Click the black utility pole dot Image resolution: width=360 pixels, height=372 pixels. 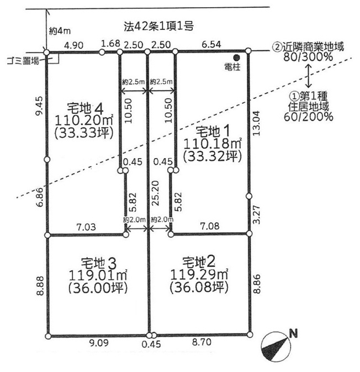(236, 57)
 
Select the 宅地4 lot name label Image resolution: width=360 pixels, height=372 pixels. (86, 109)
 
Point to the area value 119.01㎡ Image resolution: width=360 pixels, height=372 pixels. (98, 275)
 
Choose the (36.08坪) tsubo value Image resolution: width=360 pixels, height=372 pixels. (199, 287)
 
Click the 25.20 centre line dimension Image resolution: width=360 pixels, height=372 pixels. (156, 193)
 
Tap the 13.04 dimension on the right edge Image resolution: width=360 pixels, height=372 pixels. (256, 123)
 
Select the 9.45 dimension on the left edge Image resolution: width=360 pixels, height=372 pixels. (39, 106)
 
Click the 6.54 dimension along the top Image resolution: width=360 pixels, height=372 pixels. (211, 44)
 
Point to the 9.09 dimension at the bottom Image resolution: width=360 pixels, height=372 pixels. (99, 343)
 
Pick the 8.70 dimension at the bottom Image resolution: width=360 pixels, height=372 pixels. (202, 342)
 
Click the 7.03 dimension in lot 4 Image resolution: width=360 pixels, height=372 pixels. (86, 227)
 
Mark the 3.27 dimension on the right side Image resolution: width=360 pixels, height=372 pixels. (256, 214)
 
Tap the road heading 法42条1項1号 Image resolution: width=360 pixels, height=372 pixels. (158, 27)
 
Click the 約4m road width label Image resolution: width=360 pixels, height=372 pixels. (60, 31)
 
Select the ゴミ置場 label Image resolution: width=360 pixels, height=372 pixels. (23, 61)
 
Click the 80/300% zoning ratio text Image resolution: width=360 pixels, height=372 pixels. (308, 57)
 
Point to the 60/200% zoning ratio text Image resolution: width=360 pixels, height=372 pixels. (308, 117)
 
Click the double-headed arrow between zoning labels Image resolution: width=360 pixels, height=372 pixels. (308, 75)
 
